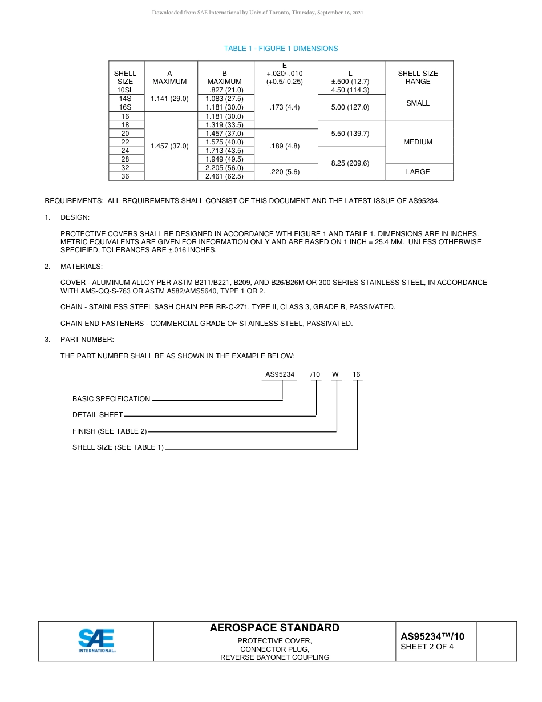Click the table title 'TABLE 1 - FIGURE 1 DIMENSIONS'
pyautogui.click(x=281, y=49)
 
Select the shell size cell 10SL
pyautogui.click(x=125, y=90)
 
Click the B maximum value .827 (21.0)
pyautogui.click(x=224, y=90)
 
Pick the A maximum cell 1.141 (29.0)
pyautogui.click(x=169, y=99)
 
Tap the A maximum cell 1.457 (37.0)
pyautogui.click(x=169, y=146)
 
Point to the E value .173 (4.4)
pyautogui.click(x=284, y=107)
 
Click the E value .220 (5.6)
pyautogui.click(x=284, y=172)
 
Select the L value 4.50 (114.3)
pyautogui.click(x=350, y=90)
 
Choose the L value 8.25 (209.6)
pyautogui.click(x=350, y=163)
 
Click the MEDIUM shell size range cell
pyautogui.click(x=418, y=142)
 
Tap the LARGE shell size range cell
pyautogui.click(x=418, y=172)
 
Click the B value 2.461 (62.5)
pyautogui.click(x=224, y=176)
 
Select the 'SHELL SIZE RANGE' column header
pyautogui.click(x=418, y=78)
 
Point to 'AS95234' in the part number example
pyautogui.click(x=280, y=374)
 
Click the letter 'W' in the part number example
pyautogui.click(x=335, y=374)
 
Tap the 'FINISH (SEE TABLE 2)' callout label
pyautogui.click(x=110, y=431)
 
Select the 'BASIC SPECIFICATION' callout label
pyautogui.click(x=111, y=399)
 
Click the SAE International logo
pyautogui.click(x=96, y=641)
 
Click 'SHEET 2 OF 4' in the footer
pyautogui.click(x=427, y=647)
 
